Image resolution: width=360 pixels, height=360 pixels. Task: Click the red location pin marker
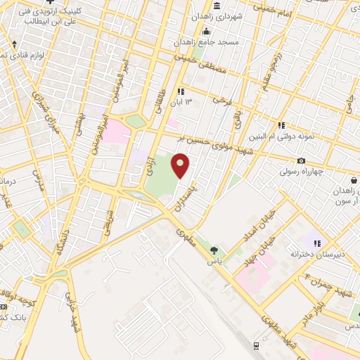(x=181, y=166)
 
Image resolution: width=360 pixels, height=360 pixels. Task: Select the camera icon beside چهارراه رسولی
(x=301, y=161)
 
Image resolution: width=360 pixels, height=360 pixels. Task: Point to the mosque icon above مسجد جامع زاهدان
(x=205, y=32)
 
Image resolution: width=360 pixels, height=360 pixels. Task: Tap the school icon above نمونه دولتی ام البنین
(x=281, y=125)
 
